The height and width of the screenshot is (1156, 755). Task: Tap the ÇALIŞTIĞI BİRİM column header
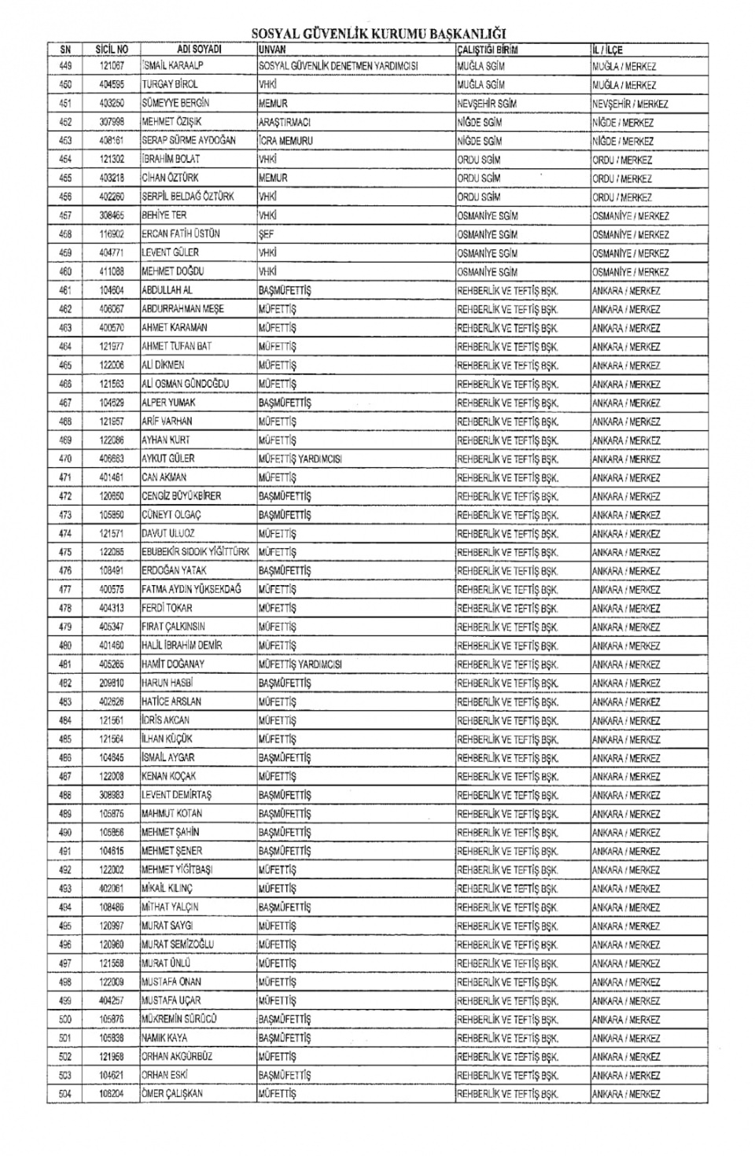point(488,50)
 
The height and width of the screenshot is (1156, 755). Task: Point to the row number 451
point(65,103)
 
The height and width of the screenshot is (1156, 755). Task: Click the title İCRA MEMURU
point(285,141)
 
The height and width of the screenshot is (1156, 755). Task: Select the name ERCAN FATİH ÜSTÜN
point(181,234)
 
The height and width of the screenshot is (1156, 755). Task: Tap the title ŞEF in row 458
point(267,234)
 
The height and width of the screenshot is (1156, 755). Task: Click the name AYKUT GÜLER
point(168,458)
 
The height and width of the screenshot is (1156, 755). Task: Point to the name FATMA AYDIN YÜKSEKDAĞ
point(191,589)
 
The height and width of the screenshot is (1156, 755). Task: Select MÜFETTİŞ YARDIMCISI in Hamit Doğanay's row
point(300,664)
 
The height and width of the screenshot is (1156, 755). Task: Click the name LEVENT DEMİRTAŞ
point(176,795)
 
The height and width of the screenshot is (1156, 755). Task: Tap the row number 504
point(65,1094)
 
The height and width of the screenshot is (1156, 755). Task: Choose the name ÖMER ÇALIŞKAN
point(172,1094)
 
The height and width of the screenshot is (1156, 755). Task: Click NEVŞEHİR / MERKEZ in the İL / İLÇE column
point(630,104)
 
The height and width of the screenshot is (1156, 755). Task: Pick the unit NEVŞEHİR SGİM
point(488,104)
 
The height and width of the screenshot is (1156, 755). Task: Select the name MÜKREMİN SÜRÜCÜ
point(179,1019)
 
